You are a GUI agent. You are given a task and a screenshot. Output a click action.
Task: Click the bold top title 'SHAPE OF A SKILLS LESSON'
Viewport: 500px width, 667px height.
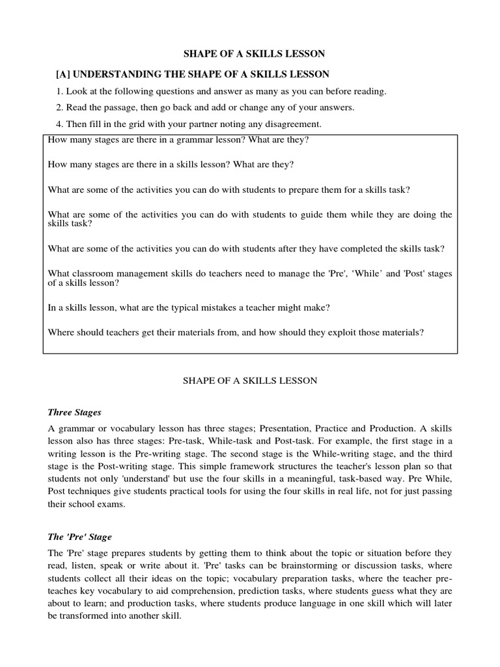[x=250, y=53]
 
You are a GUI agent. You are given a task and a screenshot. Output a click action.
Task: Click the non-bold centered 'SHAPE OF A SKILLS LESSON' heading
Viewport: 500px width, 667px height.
[x=249, y=380]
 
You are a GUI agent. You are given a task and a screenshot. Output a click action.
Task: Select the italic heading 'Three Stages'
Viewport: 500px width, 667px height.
[x=74, y=412]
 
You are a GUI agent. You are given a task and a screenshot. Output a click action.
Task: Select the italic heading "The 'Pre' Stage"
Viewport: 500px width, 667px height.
[x=79, y=537]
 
